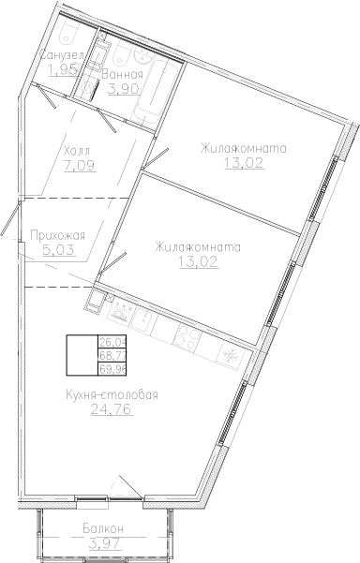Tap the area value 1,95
[x=64, y=70]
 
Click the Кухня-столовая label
[x=112, y=393]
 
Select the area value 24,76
[x=112, y=409]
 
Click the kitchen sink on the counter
[x=122, y=314]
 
